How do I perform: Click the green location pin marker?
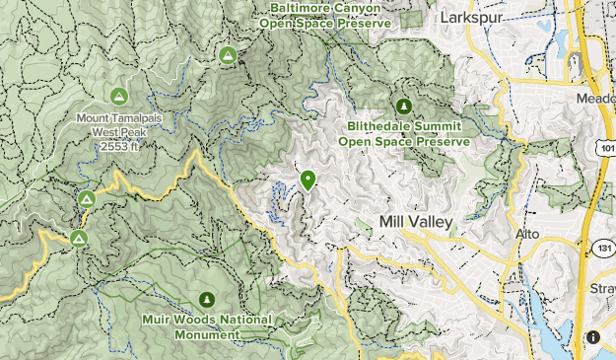coord(308,180)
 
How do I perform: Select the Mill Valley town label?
coord(416,223)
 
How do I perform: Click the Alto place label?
coord(529,234)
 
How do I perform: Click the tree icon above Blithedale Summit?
coord(403,107)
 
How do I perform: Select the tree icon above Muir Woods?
coord(206,299)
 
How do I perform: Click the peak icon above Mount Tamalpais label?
coord(119,97)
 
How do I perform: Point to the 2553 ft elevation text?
coord(120,146)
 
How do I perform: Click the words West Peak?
coord(120,131)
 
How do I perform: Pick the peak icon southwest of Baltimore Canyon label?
coord(228,56)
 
